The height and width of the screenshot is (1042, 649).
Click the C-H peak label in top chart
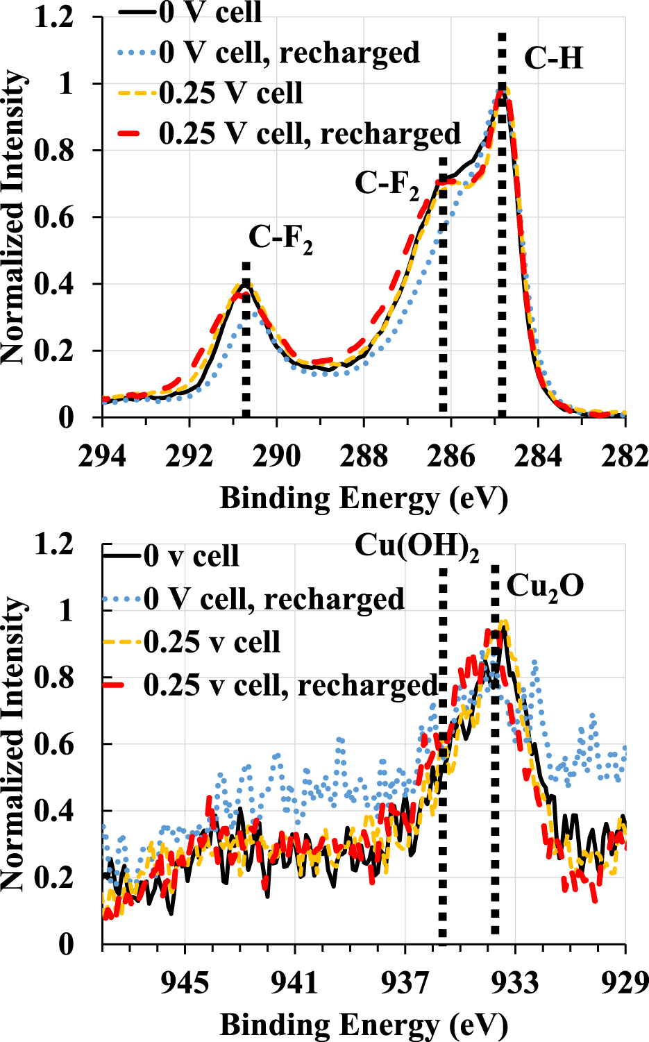pos(553,58)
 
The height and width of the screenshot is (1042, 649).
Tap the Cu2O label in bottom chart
pos(545,587)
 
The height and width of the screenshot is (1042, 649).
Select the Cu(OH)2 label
pos(417,546)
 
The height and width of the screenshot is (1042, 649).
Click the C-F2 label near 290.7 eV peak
pos(280,238)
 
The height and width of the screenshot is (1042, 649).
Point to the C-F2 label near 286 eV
pos(387,184)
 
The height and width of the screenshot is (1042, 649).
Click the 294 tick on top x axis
pos(103,457)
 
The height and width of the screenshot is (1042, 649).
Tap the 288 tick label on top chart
pos(364,457)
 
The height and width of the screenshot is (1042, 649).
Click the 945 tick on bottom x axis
pos(185,983)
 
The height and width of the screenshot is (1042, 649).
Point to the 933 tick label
pos(514,983)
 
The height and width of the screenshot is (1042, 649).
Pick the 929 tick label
pos(624,983)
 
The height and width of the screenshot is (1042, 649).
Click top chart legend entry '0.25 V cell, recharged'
pos(310,133)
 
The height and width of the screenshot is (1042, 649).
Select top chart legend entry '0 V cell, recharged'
pos(289,53)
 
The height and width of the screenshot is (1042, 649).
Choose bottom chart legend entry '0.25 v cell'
pos(212,642)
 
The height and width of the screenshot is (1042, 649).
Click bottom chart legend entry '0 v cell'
pos(191,556)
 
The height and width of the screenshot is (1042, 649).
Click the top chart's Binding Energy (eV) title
pos(364,498)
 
